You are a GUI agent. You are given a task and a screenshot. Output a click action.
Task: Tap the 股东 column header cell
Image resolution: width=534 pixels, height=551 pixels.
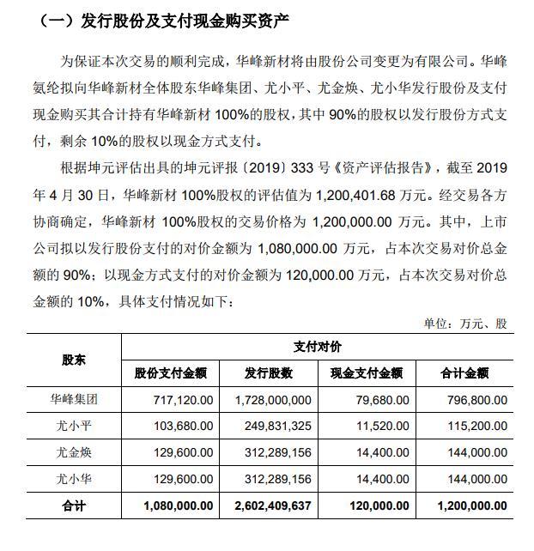coord(74,360)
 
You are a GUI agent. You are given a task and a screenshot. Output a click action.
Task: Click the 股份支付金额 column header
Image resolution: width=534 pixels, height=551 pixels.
coord(171,373)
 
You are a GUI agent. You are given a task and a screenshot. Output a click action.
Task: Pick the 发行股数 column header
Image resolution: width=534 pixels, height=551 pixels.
coord(269,373)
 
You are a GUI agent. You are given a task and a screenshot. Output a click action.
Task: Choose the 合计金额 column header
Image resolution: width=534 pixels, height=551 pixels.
coord(464,373)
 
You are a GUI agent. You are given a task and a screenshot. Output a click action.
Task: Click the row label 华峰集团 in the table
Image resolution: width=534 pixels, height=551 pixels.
coord(74,399)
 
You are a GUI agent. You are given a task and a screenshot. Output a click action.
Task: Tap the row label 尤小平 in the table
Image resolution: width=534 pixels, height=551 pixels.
coord(74,426)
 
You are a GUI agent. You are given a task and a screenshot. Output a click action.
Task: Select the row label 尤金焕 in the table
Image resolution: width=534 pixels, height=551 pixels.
coord(74,452)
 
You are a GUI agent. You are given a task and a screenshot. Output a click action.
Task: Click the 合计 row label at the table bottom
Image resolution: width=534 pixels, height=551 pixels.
coord(74,506)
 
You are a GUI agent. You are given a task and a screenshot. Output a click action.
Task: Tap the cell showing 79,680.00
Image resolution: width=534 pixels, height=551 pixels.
coord(375,399)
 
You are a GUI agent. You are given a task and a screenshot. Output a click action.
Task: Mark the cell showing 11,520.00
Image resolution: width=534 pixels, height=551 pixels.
coord(375,426)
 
